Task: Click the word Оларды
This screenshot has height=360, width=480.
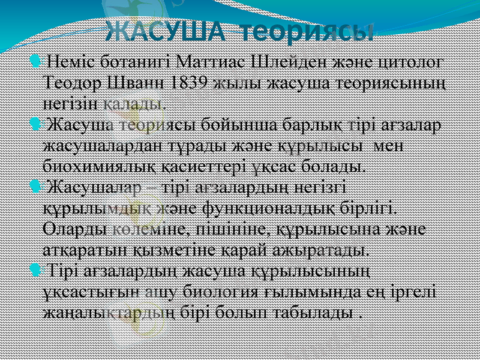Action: click(76, 229)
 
